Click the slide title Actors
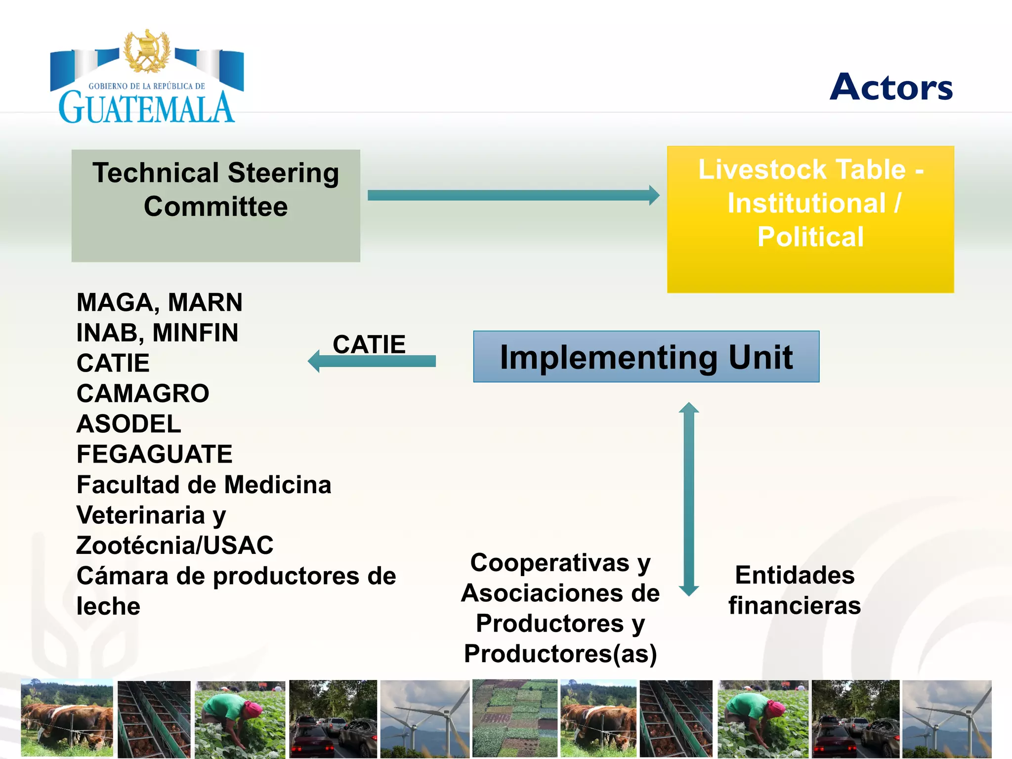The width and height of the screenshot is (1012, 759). tap(891, 87)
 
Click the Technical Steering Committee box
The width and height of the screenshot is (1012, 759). tap(215, 206)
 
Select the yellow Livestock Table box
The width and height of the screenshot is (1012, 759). tap(810, 219)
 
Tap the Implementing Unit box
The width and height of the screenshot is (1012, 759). tap(646, 357)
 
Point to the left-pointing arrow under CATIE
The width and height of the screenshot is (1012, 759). tap(372, 361)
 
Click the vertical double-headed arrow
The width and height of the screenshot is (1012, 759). tap(688, 499)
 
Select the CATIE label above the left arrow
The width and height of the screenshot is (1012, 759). tap(369, 344)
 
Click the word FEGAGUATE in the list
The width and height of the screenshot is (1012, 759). tap(154, 454)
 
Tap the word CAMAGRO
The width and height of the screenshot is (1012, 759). tap(143, 393)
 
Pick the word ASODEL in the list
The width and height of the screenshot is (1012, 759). tap(129, 424)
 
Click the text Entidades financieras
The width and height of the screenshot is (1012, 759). tap(795, 590)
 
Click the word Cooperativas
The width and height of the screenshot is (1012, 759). tap(549, 562)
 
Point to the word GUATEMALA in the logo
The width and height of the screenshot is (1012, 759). tap(146, 107)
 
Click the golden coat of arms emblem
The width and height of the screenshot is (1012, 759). tap(147, 51)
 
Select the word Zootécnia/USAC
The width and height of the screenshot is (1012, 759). tap(175, 546)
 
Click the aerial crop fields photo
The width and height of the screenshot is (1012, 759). tap(514, 718)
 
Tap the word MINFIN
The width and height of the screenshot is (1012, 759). tap(195, 333)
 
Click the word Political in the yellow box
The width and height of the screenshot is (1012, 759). tap(810, 236)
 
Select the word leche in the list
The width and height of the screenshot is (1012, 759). tap(108, 606)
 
